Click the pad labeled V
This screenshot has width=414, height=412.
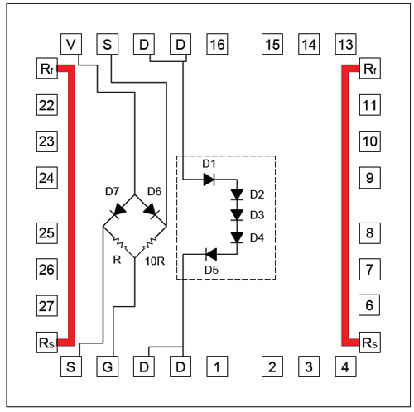(71, 44)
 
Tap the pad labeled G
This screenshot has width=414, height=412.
(108, 366)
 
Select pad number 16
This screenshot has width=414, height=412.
(217, 44)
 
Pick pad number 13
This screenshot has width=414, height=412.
(345, 44)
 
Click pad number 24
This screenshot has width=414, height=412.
(47, 178)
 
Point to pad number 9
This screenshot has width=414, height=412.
(370, 178)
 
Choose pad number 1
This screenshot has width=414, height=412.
(217, 366)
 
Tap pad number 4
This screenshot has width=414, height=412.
(345, 366)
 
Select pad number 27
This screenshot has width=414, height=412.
(47, 305)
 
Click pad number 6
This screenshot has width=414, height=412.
(369, 305)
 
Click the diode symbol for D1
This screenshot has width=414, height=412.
(209, 180)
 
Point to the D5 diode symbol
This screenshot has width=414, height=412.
(211, 254)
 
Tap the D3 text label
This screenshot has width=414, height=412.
(257, 215)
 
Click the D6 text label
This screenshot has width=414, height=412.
(154, 191)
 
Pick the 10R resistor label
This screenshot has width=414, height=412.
(155, 261)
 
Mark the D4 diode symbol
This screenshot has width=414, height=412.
(237, 237)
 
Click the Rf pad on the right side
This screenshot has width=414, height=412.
(370, 68)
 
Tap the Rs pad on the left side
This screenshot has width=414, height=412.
(47, 343)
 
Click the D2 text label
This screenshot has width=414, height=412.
(257, 194)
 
